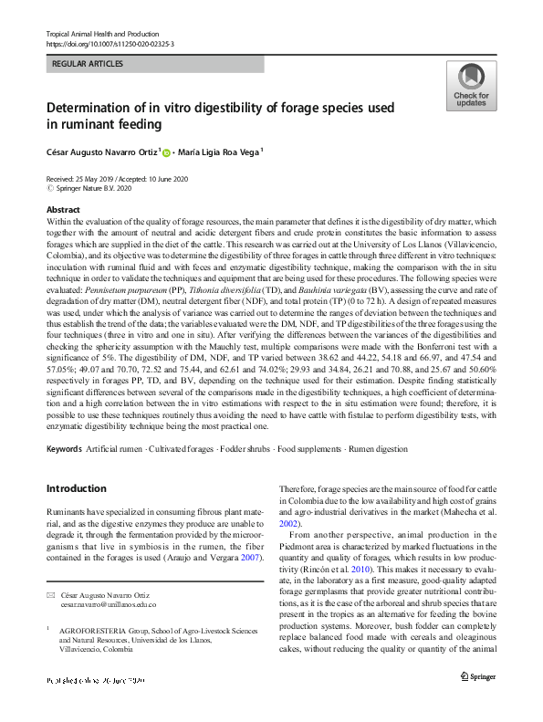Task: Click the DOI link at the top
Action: tap(110, 44)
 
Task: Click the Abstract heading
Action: tap(63, 210)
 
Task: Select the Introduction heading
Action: tap(76, 488)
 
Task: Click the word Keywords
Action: tap(64, 450)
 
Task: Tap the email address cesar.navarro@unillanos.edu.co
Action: tap(96, 604)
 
